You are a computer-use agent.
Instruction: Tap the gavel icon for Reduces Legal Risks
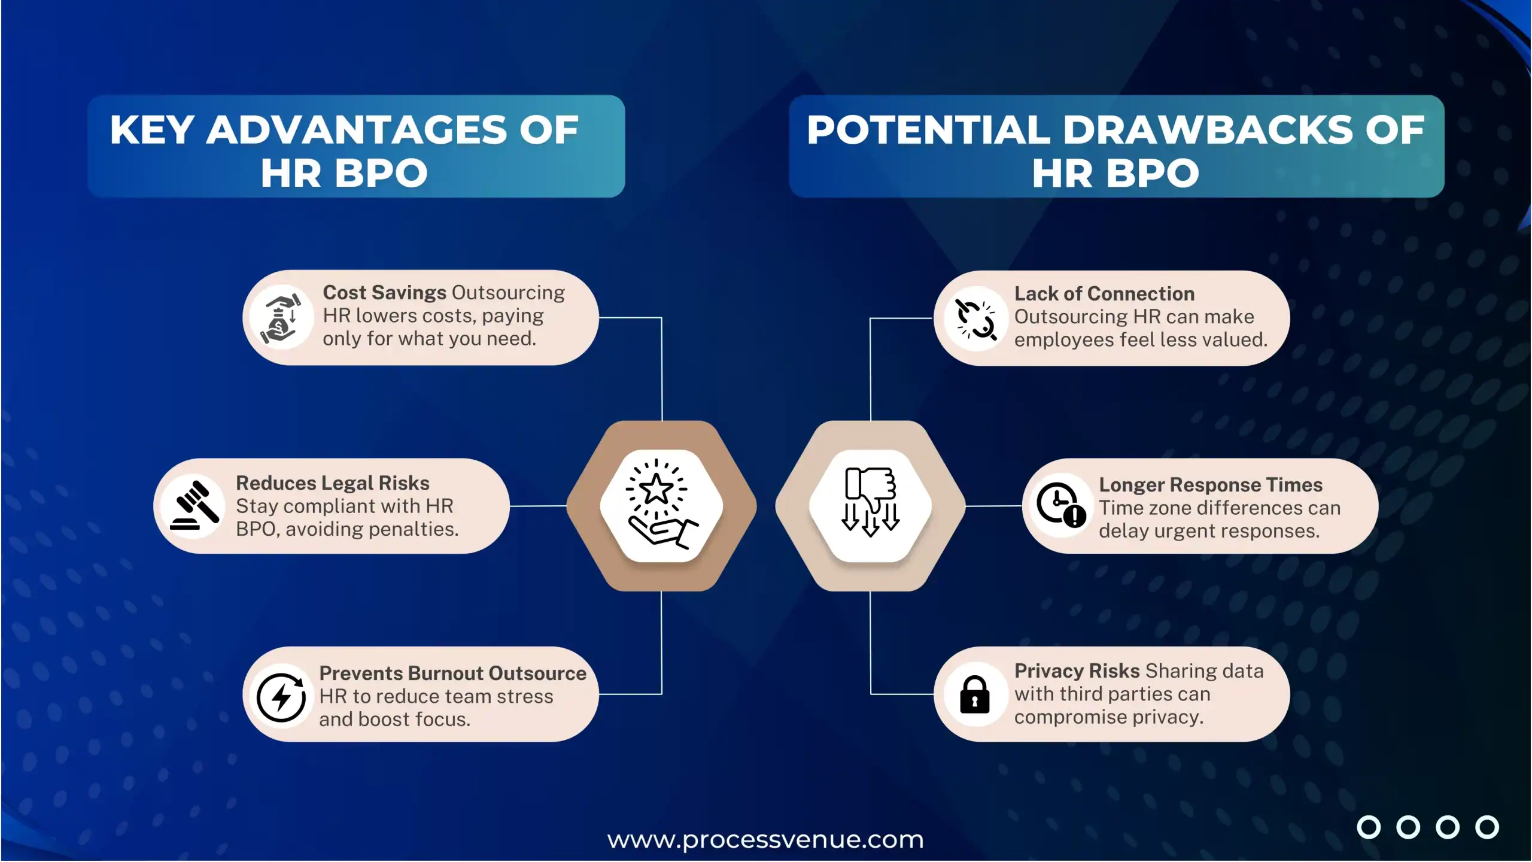tap(194, 506)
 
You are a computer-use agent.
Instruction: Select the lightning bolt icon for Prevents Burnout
tap(281, 696)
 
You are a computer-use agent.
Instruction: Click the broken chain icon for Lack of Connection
tap(975, 319)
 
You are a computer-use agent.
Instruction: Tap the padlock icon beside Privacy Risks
tap(974, 695)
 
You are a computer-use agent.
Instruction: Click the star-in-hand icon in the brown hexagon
tap(661, 505)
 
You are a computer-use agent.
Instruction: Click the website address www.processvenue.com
tap(765, 840)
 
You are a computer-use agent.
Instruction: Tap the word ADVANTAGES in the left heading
tap(357, 130)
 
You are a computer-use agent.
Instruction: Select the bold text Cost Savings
tap(384, 293)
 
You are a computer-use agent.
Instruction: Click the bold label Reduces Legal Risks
tap(332, 483)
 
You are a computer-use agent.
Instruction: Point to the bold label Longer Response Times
tap(1210, 485)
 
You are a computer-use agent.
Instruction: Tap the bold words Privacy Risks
tap(1077, 671)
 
